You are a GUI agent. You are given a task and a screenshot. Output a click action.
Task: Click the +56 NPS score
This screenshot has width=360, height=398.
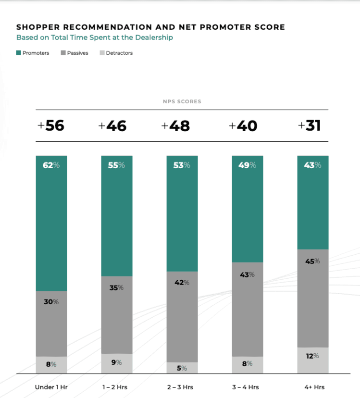click(x=51, y=126)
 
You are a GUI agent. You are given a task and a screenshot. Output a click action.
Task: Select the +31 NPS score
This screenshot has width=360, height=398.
click(x=309, y=126)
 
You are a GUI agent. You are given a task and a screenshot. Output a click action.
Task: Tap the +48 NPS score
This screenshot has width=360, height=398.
click(x=175, y=126)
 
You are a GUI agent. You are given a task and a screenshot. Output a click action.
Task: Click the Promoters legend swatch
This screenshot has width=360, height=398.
click(x=18, y=53)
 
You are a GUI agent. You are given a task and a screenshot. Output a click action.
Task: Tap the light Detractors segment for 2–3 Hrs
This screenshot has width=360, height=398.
click(x=182, y=368)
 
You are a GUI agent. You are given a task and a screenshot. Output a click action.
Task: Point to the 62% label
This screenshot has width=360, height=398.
click(x=51, y=165)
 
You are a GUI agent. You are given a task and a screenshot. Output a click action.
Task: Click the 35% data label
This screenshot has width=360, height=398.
click(x=117, y=288)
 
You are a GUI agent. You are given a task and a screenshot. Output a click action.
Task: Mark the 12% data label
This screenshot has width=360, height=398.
click(x=313, y=356)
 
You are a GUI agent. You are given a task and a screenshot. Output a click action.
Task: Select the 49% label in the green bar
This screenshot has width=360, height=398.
click(x=247, y=165)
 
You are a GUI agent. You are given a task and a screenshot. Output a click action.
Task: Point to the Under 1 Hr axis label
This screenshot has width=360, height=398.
click(x=51, y=387)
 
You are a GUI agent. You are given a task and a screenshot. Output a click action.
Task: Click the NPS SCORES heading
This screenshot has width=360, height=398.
click(x=181, y=101)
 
